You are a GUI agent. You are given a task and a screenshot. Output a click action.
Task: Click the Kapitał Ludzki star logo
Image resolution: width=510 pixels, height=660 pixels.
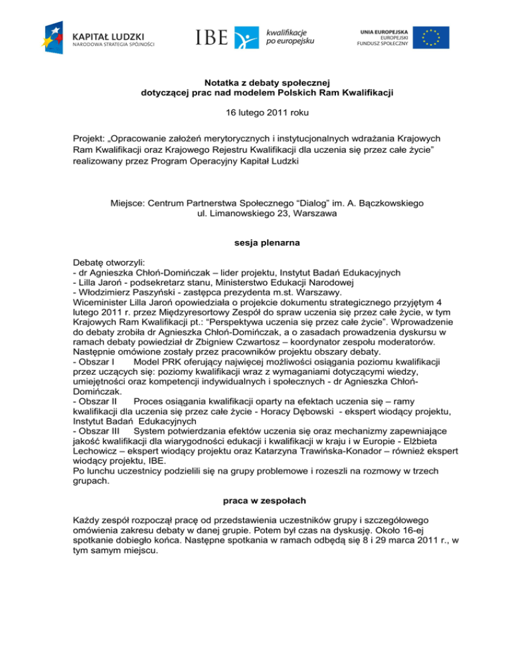[x=54, y=37]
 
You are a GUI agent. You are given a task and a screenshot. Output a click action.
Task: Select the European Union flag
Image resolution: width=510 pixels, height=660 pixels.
[x=431, y=37]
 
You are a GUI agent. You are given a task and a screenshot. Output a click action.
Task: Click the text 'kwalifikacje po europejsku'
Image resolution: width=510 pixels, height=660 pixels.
[x=290, y=36]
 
